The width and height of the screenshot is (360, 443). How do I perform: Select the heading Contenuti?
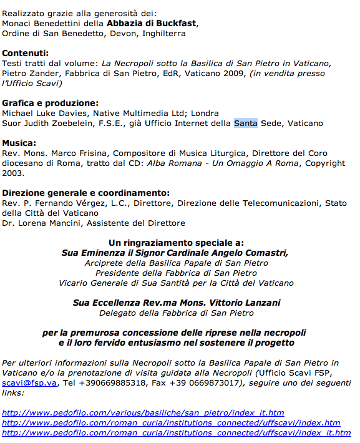pos(26,54)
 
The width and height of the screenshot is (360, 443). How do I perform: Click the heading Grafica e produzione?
pos(51,103)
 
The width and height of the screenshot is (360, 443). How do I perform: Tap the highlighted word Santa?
pos(246,123)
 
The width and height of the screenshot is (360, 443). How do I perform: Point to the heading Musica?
pos(19,143)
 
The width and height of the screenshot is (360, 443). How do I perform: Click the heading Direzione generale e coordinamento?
pos(86,193)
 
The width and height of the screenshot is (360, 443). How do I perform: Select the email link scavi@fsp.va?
pos(29,383)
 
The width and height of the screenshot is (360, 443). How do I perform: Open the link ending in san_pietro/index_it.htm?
pos(143,413)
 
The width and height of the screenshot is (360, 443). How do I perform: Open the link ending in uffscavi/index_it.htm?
pos(177,433)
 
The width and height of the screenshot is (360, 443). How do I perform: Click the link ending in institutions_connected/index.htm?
pos(172,423)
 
